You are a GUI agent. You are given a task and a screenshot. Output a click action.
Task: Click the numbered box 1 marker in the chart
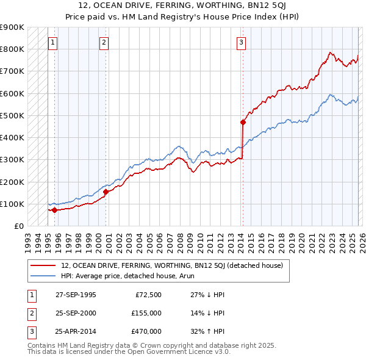tap(53, 43)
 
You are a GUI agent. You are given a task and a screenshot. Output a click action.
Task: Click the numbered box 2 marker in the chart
tap(104, 43)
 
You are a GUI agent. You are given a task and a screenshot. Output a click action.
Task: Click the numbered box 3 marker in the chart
tap(242, 43)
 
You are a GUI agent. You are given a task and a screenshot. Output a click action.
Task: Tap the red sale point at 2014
tap(243, 122)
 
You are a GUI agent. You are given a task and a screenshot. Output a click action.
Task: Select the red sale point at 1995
tap(54, 210)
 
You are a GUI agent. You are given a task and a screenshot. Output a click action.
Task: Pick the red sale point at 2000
tap(106, 192)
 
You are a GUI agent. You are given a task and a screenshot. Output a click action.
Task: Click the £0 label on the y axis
tap(18, 226)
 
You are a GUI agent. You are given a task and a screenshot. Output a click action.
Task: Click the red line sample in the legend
tap(43, 265)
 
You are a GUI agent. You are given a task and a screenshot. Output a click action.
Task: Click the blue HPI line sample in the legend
tap(43, 276)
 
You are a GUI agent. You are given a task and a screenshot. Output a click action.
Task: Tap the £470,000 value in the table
tap(146, 331)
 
